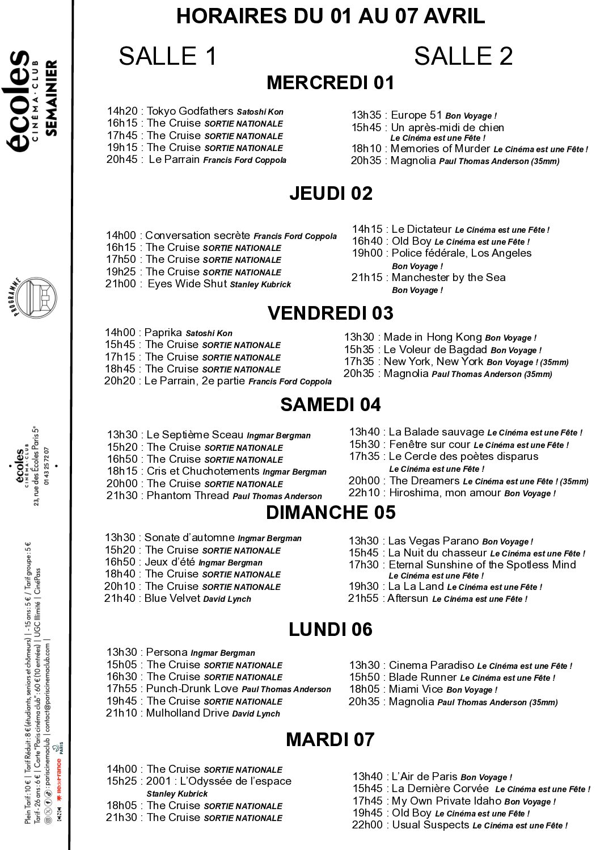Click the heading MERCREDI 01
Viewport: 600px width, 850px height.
click(x=330, y=83)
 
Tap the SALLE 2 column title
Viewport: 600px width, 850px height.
click(x=463, y=56)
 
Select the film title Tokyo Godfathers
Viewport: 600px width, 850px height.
click(x=190, y=111)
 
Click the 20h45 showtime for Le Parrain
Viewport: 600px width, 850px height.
click(x=121, y=160)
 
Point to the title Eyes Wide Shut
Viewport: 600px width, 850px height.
click(x=187, y=284)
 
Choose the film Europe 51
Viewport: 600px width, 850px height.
click(x=416, y=115)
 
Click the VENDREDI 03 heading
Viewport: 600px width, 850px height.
click(x=330, y=313)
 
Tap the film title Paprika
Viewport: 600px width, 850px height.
click(x=163, y=333)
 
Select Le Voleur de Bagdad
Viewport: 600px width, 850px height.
click(x=435, y=350)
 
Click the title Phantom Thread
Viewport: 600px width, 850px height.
click(x=188, y=496)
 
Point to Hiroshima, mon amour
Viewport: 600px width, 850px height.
click(x=445, y=493)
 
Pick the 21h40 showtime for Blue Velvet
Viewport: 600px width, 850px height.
click(x=120, y=598)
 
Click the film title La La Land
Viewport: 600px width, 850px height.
click(x=416, y=587)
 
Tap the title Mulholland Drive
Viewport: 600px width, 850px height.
click(x=187, y=713)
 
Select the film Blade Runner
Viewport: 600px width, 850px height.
click(x=422, y=677)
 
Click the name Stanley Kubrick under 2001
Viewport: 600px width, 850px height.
click(x=177, y=794)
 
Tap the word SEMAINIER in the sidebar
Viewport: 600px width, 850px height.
click(x=52, y=98)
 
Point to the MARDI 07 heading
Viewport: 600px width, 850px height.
click(x=330, y=739)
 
